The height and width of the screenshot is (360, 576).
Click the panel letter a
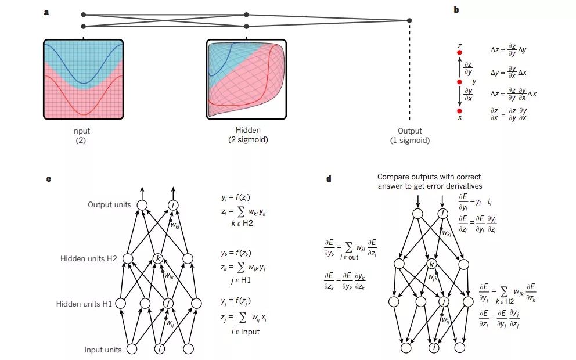tap(46, 12)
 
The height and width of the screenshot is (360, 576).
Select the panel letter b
tap(456, 10)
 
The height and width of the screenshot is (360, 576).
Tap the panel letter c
tap(48, 179)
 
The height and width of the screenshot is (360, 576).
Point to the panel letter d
tap(329, 179)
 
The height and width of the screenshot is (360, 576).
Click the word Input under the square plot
tap(81, 131)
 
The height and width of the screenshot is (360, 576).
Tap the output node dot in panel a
tap(409, 21)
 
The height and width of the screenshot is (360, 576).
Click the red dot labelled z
tap(459, 53)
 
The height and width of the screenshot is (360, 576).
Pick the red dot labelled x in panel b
tap(459, 111)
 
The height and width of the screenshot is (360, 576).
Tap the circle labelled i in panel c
tap(160, 349)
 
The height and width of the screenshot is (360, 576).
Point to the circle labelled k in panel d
tap(431, 265)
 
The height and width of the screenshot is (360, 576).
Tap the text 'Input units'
tap(103, 350)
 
